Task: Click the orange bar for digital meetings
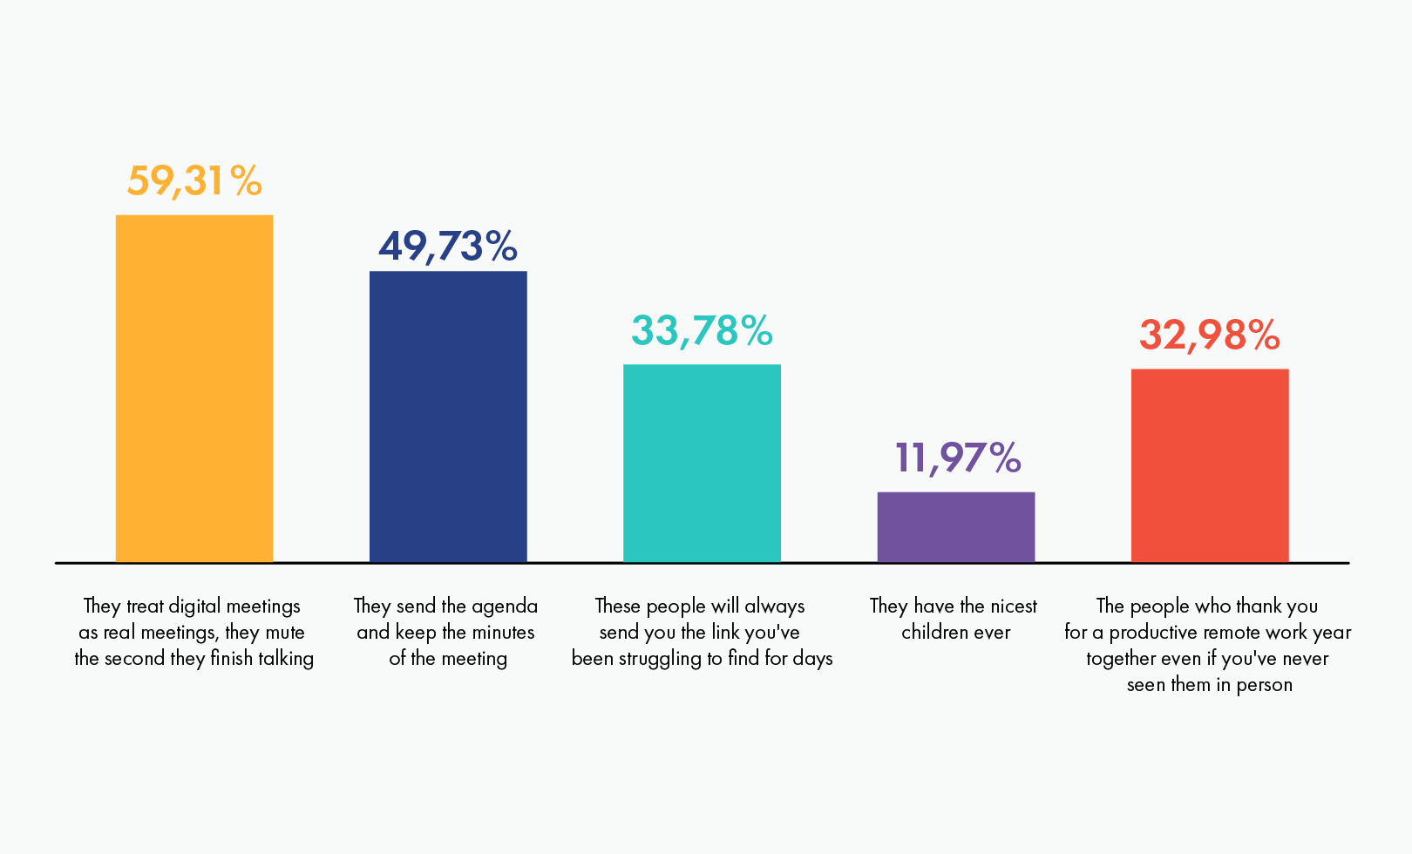(194, 388)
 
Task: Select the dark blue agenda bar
(448, 417)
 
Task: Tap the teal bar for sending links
(702, 463)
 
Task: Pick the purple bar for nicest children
(956, 527)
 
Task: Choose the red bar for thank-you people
(1210, 465)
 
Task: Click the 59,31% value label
(194, 181)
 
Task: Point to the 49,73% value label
(448, 246)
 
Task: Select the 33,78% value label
(702, 331)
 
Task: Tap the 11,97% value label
(957, 458)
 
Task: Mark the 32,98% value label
(1210, 335)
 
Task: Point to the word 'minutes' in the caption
(503, 633)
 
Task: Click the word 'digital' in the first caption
(195, 607)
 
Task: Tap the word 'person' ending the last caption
(1264, 685)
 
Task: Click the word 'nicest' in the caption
(1011, 607)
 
